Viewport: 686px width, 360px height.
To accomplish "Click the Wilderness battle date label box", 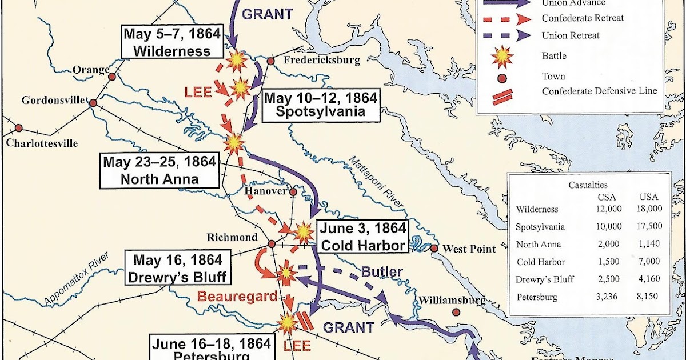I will coord(172,42).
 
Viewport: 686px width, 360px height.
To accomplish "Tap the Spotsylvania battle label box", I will coord(320,105).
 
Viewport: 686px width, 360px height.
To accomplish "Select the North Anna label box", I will coord(159,170).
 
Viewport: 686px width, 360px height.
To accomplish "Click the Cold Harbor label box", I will coord(363,237).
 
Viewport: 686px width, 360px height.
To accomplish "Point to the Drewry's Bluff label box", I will coord(177,269).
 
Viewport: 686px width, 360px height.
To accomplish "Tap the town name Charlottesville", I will coord(42,143).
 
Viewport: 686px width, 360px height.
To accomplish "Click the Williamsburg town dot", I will coord(456,312).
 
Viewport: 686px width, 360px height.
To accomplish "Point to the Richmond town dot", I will coord(272,244).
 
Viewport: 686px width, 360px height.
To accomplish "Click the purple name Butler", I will coord(382,271).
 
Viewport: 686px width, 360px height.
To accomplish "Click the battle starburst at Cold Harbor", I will coord(303,232).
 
